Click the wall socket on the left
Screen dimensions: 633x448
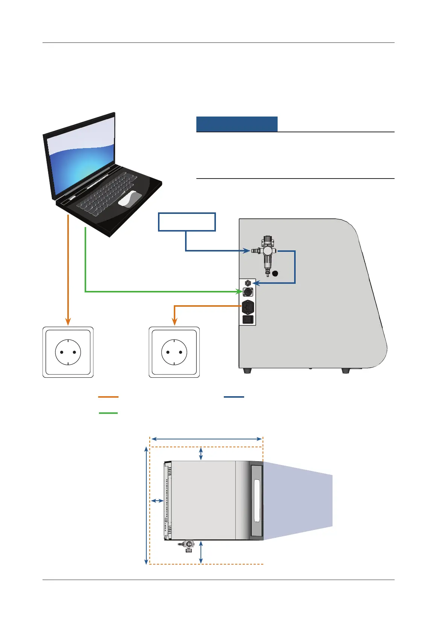click(68, 352)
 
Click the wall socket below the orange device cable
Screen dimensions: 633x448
click(174, 352)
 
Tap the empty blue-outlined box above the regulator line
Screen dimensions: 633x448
click(187, 222)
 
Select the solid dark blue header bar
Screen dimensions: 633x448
click(237, 124)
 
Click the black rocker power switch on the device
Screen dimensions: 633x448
click(248, 320)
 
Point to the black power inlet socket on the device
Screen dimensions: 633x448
click(248, 307)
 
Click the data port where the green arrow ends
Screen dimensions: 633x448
click(248, 292)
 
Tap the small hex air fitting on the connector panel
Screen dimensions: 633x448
click(248, 283)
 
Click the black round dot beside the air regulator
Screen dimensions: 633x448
click(275, 273)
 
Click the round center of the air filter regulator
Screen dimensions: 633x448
click(267, 251)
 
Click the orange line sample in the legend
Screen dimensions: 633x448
click(108, 397)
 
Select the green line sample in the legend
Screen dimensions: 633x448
click(108, 413)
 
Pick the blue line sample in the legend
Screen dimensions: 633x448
click(234, 397)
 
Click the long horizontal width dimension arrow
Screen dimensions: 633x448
click(206, 439)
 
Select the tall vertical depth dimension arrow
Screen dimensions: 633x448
click(146, 506)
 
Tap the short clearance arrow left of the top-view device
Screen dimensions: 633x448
click(157, 501)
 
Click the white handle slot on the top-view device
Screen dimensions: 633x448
click(257, 501)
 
